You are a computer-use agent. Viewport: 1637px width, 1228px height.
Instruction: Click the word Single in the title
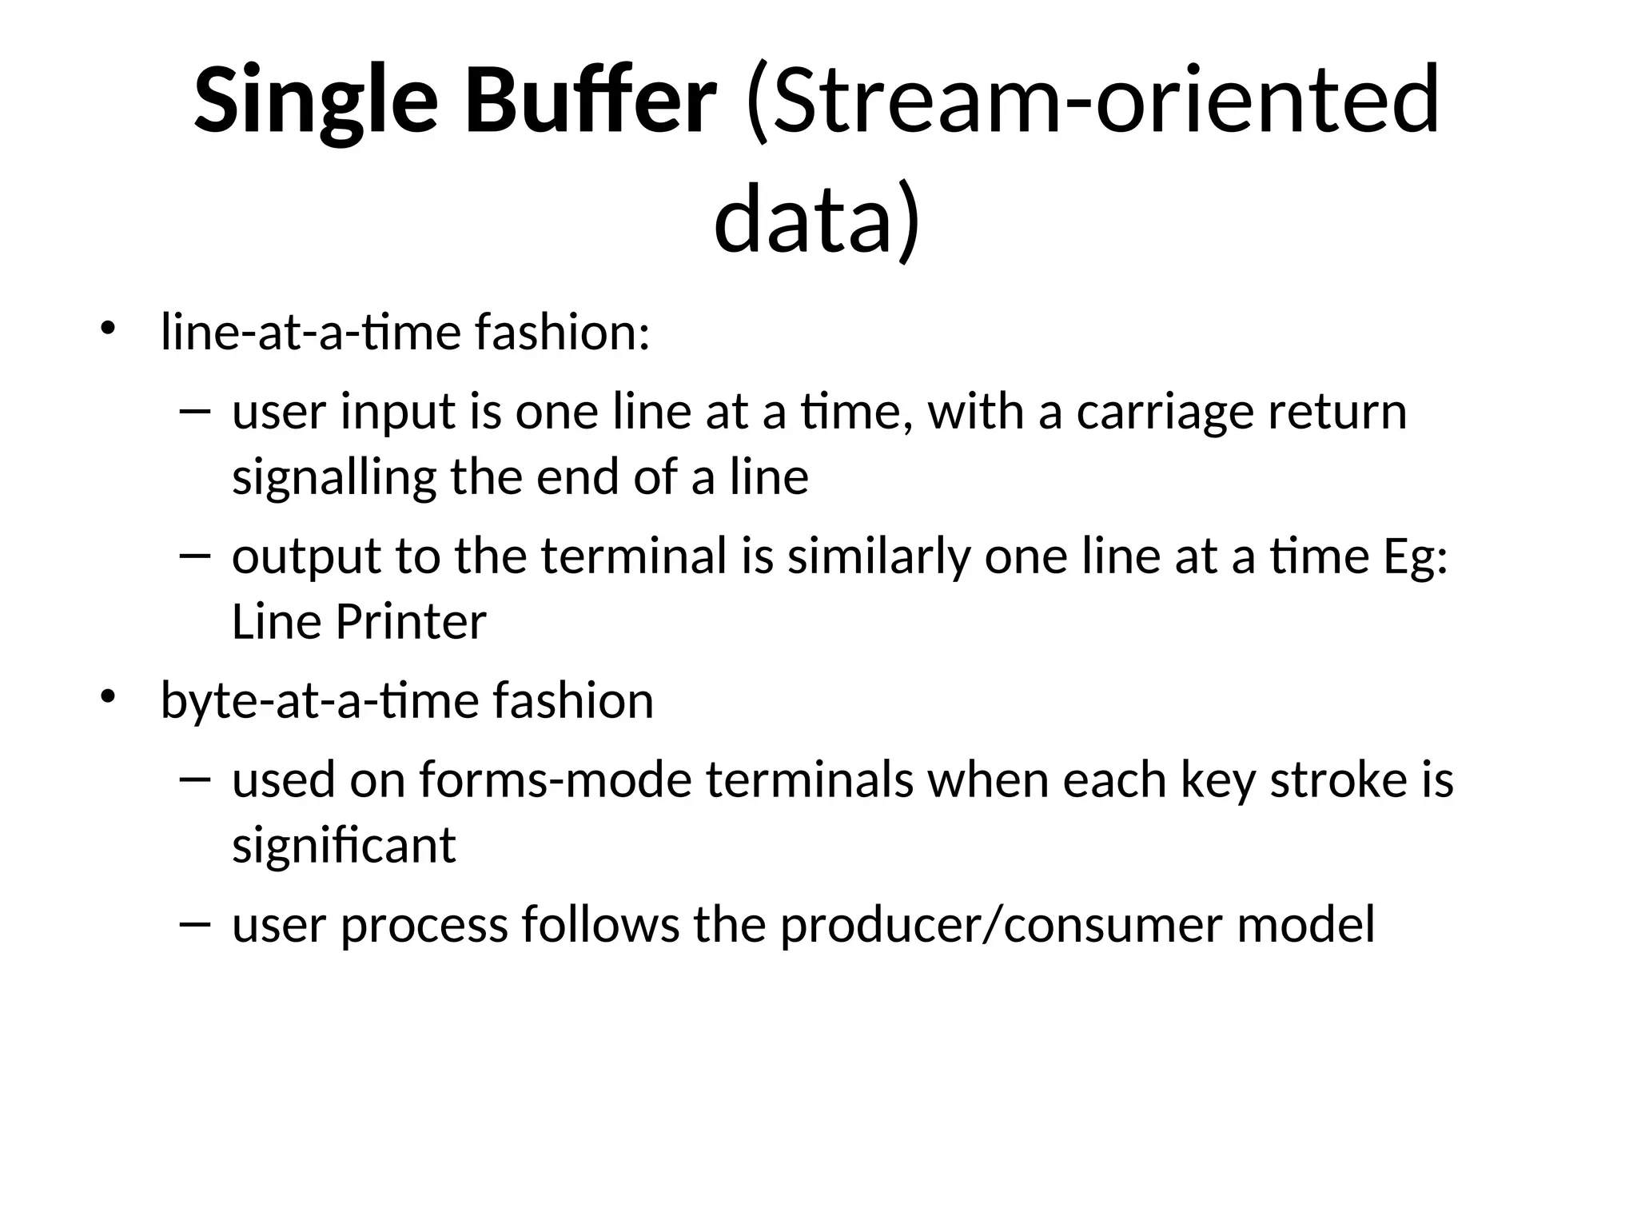(x=316, y=102)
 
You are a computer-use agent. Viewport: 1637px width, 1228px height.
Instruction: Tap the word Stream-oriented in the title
(x=1092, y=102)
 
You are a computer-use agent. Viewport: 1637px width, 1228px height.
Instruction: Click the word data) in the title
(x=817, y=219)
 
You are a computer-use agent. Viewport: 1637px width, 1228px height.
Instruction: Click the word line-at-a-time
(x=310, y=333)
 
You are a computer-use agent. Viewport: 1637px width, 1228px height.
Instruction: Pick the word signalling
(x=333, y=478)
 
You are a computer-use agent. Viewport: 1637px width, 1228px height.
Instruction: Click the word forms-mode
(x=555, y=780)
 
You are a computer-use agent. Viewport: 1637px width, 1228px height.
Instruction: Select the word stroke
(x=1338, y=780)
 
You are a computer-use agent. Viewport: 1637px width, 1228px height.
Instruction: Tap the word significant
(x=344, y=846)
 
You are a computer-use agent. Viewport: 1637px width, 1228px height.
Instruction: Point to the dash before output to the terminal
(x=195, y=555)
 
